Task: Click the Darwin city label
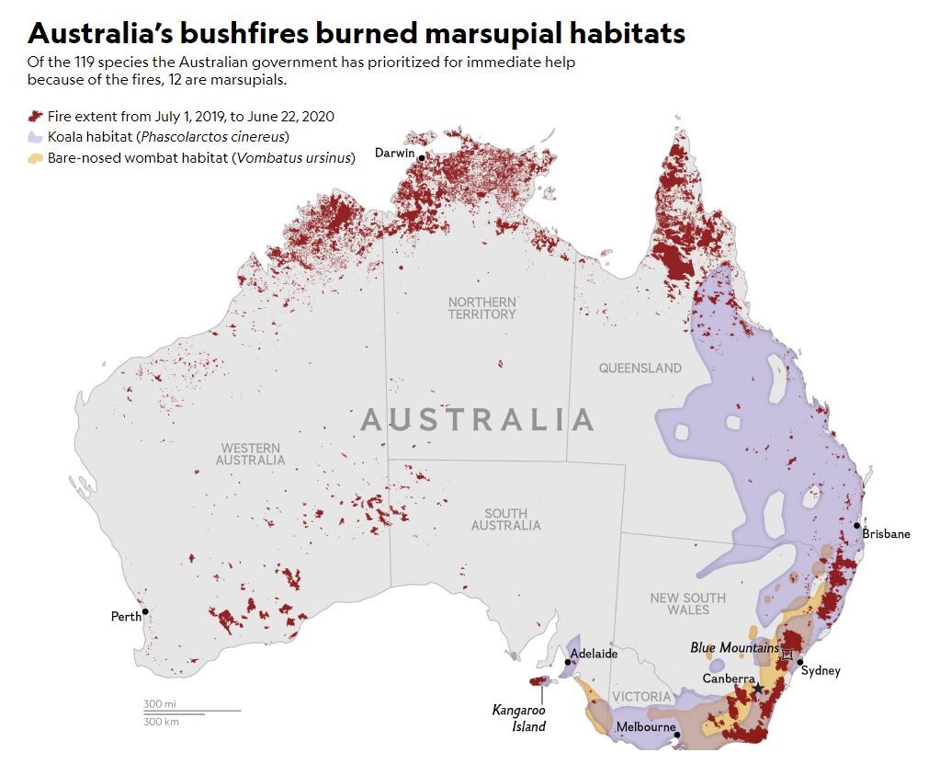pos(394,153)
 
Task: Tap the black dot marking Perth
pos(145,611)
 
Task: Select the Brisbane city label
pos(886,534)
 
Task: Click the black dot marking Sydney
pos(800,662)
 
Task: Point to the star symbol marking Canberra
pos(757,688)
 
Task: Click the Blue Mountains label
pos(734,648)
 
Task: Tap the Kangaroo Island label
pos(518,718)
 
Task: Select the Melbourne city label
pos(644,727)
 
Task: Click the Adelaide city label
pos(594,655)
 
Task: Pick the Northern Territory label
pos(482,308)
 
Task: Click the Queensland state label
pos(640,369)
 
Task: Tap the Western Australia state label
pos(250,454)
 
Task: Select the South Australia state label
pos(505,519)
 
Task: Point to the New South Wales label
pos(687,604)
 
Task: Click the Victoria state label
pos(641,697)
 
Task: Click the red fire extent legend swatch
pos(36,117)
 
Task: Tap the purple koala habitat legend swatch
pos(36,137)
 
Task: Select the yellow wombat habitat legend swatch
pos(36,158)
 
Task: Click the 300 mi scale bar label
pos(160,703)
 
